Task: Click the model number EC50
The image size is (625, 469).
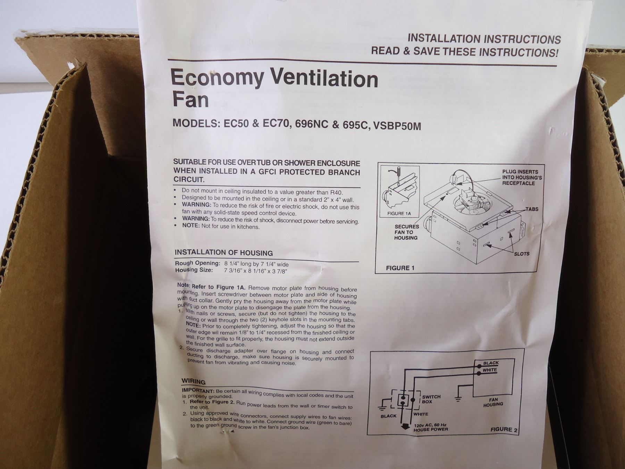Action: [236, 123]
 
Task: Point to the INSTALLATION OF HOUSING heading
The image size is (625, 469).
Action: [224, 253]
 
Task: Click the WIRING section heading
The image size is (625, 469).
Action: [193, 381]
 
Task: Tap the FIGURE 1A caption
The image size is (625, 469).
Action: [399, 214]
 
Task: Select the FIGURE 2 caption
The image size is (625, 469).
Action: [504, 429]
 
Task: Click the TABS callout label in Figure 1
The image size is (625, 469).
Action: [532, 209]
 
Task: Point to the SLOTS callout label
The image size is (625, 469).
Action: [522, 254]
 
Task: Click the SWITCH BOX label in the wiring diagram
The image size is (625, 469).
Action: [431, 399]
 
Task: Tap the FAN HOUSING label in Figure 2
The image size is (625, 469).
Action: [493, 402]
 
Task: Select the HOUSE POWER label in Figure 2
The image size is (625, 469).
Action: [431, 429]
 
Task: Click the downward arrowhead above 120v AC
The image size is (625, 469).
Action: [404, 427]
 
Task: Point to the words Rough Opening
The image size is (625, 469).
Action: [198, 263]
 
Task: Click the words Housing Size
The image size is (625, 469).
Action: [194, 270]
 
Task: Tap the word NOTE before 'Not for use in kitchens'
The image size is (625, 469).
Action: [191, 225]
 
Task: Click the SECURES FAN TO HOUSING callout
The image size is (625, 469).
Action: [406, 232]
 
